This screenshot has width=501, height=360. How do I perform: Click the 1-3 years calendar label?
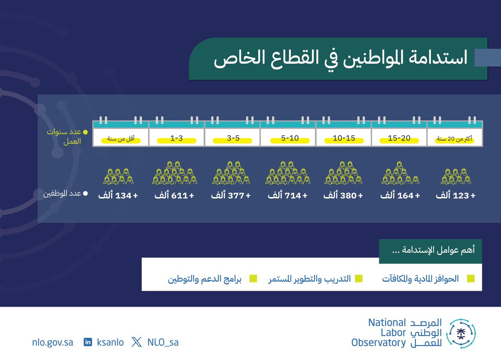point(177,138)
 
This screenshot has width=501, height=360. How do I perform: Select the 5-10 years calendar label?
point(290,138)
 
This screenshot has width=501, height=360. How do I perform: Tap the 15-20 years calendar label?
point(399,138)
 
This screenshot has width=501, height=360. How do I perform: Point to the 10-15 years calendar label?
point(344,138)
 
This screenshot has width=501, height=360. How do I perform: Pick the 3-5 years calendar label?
point(233,138)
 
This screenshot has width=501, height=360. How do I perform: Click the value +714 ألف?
point(288,195)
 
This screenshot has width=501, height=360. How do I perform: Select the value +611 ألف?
point(174,195)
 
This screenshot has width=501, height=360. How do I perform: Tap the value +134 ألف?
point(118,195)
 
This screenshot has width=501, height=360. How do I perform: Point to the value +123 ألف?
point(455,195)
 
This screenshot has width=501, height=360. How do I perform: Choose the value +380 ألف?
point(343,195)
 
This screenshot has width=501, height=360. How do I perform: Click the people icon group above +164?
point(400,173)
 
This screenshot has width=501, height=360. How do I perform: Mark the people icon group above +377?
point(231,173)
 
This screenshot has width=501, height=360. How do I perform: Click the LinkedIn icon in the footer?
point(88,342)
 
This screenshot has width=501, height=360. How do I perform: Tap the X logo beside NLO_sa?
point(137,342)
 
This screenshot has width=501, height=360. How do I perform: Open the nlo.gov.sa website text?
point(52,342)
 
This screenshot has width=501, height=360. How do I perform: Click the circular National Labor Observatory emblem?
point(461,333)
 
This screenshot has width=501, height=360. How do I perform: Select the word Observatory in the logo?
point(378,343)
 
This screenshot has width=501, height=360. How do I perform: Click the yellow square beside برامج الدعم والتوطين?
point(253,279)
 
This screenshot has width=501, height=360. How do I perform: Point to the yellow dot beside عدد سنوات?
point(85,132)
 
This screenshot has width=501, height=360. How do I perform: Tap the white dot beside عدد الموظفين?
point(85,193)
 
